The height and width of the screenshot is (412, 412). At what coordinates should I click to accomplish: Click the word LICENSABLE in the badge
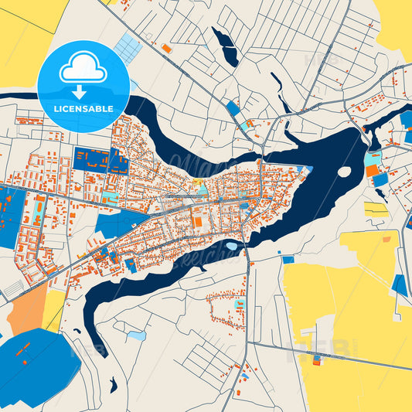pyautogui.click(x=83, y=108)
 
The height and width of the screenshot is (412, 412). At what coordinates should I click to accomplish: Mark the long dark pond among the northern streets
pyautogui.click(x=226, y=46)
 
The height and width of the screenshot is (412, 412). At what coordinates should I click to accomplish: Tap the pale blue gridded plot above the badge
pyautogui.click(x=128, y=48)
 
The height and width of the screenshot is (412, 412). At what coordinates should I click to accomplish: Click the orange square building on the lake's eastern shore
pyautogui.click(x=373, y=170)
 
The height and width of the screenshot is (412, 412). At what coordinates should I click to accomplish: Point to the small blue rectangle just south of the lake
pyautogui.click(x=288, y=259)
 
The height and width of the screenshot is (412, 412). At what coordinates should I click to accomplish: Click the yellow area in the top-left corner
pyautogui.click(x=23, y=39)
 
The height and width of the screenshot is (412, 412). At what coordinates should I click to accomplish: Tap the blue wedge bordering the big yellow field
pyautogui.click(x=400, y=284)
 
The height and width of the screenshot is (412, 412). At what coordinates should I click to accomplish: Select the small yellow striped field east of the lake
pyautogui.click(x=376, y=209)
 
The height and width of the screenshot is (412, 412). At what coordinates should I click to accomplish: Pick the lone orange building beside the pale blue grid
pyautogui.click(x=166, y=48)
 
